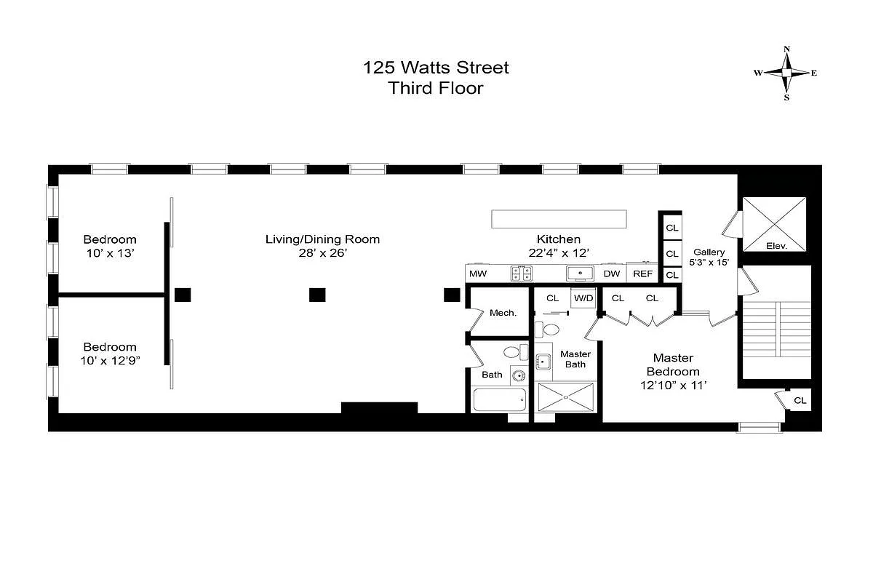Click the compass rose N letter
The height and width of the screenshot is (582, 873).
coord(787,49)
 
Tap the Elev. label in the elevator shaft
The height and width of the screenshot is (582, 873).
coord(776,246)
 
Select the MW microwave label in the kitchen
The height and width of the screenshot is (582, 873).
coord(478,274)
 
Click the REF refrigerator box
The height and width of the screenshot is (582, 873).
coord(642,274)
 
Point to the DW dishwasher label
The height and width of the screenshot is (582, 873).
coord(612,274)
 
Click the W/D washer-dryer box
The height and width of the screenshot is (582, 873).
coord(583,298)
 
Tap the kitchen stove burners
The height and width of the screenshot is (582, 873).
coord(522,274)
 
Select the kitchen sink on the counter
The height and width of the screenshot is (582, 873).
coord(580,274)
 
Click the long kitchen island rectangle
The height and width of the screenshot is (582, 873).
coord(559,219)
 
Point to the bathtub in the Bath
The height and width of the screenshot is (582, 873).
coord(499,399)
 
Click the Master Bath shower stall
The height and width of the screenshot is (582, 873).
coord(566,396)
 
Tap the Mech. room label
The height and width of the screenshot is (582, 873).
coord(503,313)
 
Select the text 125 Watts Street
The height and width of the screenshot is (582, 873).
coord(436,68)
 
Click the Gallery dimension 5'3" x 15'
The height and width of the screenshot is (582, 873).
coord(709,263)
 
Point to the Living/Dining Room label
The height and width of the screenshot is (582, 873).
coord(323,239)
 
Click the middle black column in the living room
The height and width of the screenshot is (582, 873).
coord(317,295)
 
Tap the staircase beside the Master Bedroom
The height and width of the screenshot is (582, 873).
coord(777,329)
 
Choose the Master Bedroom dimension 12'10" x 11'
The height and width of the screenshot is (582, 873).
coord(673,386)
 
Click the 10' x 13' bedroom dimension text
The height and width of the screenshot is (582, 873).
coord(111,253)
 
